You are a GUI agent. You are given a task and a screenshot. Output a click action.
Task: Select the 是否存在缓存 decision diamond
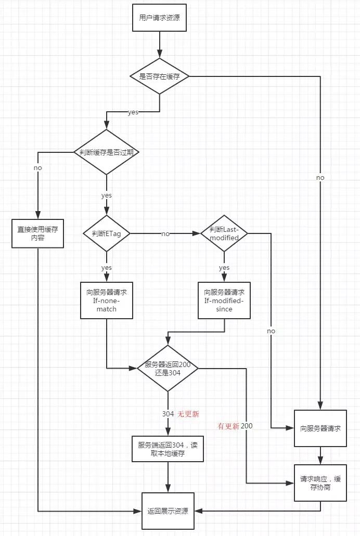159,76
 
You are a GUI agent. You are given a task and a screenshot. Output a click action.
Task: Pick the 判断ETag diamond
106,233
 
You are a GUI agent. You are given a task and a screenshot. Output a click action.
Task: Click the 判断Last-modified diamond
224,233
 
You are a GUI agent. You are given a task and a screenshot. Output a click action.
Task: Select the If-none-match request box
106,300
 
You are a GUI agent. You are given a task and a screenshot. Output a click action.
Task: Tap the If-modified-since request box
224,300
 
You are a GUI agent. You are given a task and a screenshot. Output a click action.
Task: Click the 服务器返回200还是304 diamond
168,369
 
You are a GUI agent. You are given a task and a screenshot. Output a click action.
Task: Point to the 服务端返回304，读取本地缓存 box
168,448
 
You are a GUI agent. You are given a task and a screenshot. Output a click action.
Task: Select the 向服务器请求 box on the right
320,428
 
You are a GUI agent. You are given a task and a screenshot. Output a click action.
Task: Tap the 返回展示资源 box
168,511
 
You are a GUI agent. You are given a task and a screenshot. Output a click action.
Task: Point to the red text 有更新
228,426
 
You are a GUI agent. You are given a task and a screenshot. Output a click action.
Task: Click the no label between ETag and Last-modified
165,234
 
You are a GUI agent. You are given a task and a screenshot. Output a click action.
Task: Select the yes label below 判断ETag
106,268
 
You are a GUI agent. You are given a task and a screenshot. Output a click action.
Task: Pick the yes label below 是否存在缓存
133,112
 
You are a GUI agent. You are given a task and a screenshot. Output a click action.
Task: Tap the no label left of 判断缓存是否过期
37,168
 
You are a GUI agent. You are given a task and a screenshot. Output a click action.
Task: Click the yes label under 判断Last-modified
224,268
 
